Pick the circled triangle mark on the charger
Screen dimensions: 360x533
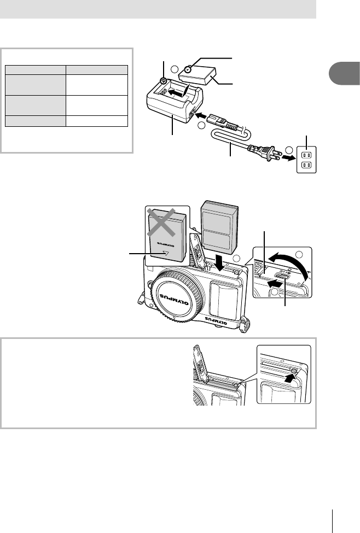point(164,81)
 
